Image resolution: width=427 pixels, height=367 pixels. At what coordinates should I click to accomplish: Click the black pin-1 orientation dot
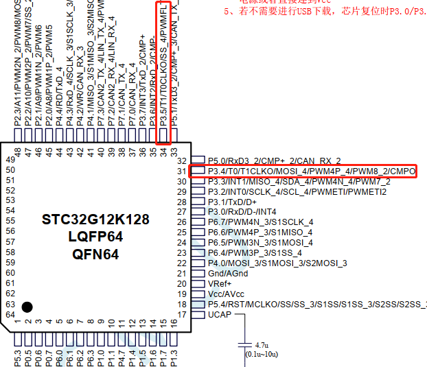click(27, 307)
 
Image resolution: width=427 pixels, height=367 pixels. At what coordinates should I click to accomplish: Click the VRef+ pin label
click(220, 283)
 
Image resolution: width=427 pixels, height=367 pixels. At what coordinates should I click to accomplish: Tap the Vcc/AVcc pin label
click(226, 294)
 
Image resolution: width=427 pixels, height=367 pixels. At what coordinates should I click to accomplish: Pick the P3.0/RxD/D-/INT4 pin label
click(242, 212)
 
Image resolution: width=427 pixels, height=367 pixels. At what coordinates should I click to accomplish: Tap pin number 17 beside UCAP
click(182, 314)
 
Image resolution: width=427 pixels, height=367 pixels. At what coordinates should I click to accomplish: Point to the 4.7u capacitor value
click(262, 344)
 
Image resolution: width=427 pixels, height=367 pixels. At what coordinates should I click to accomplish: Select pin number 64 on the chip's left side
click(10, 314)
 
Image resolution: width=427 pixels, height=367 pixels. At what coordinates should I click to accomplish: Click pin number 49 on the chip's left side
click(10, 160)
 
